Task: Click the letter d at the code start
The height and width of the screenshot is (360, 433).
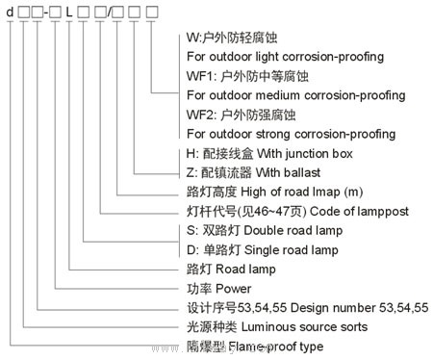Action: pos(10,13)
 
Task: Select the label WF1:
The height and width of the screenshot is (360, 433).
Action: pos(198,74)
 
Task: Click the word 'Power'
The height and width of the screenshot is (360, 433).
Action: pos(234,289)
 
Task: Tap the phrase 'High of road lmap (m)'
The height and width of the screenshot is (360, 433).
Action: pos(302,193)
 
